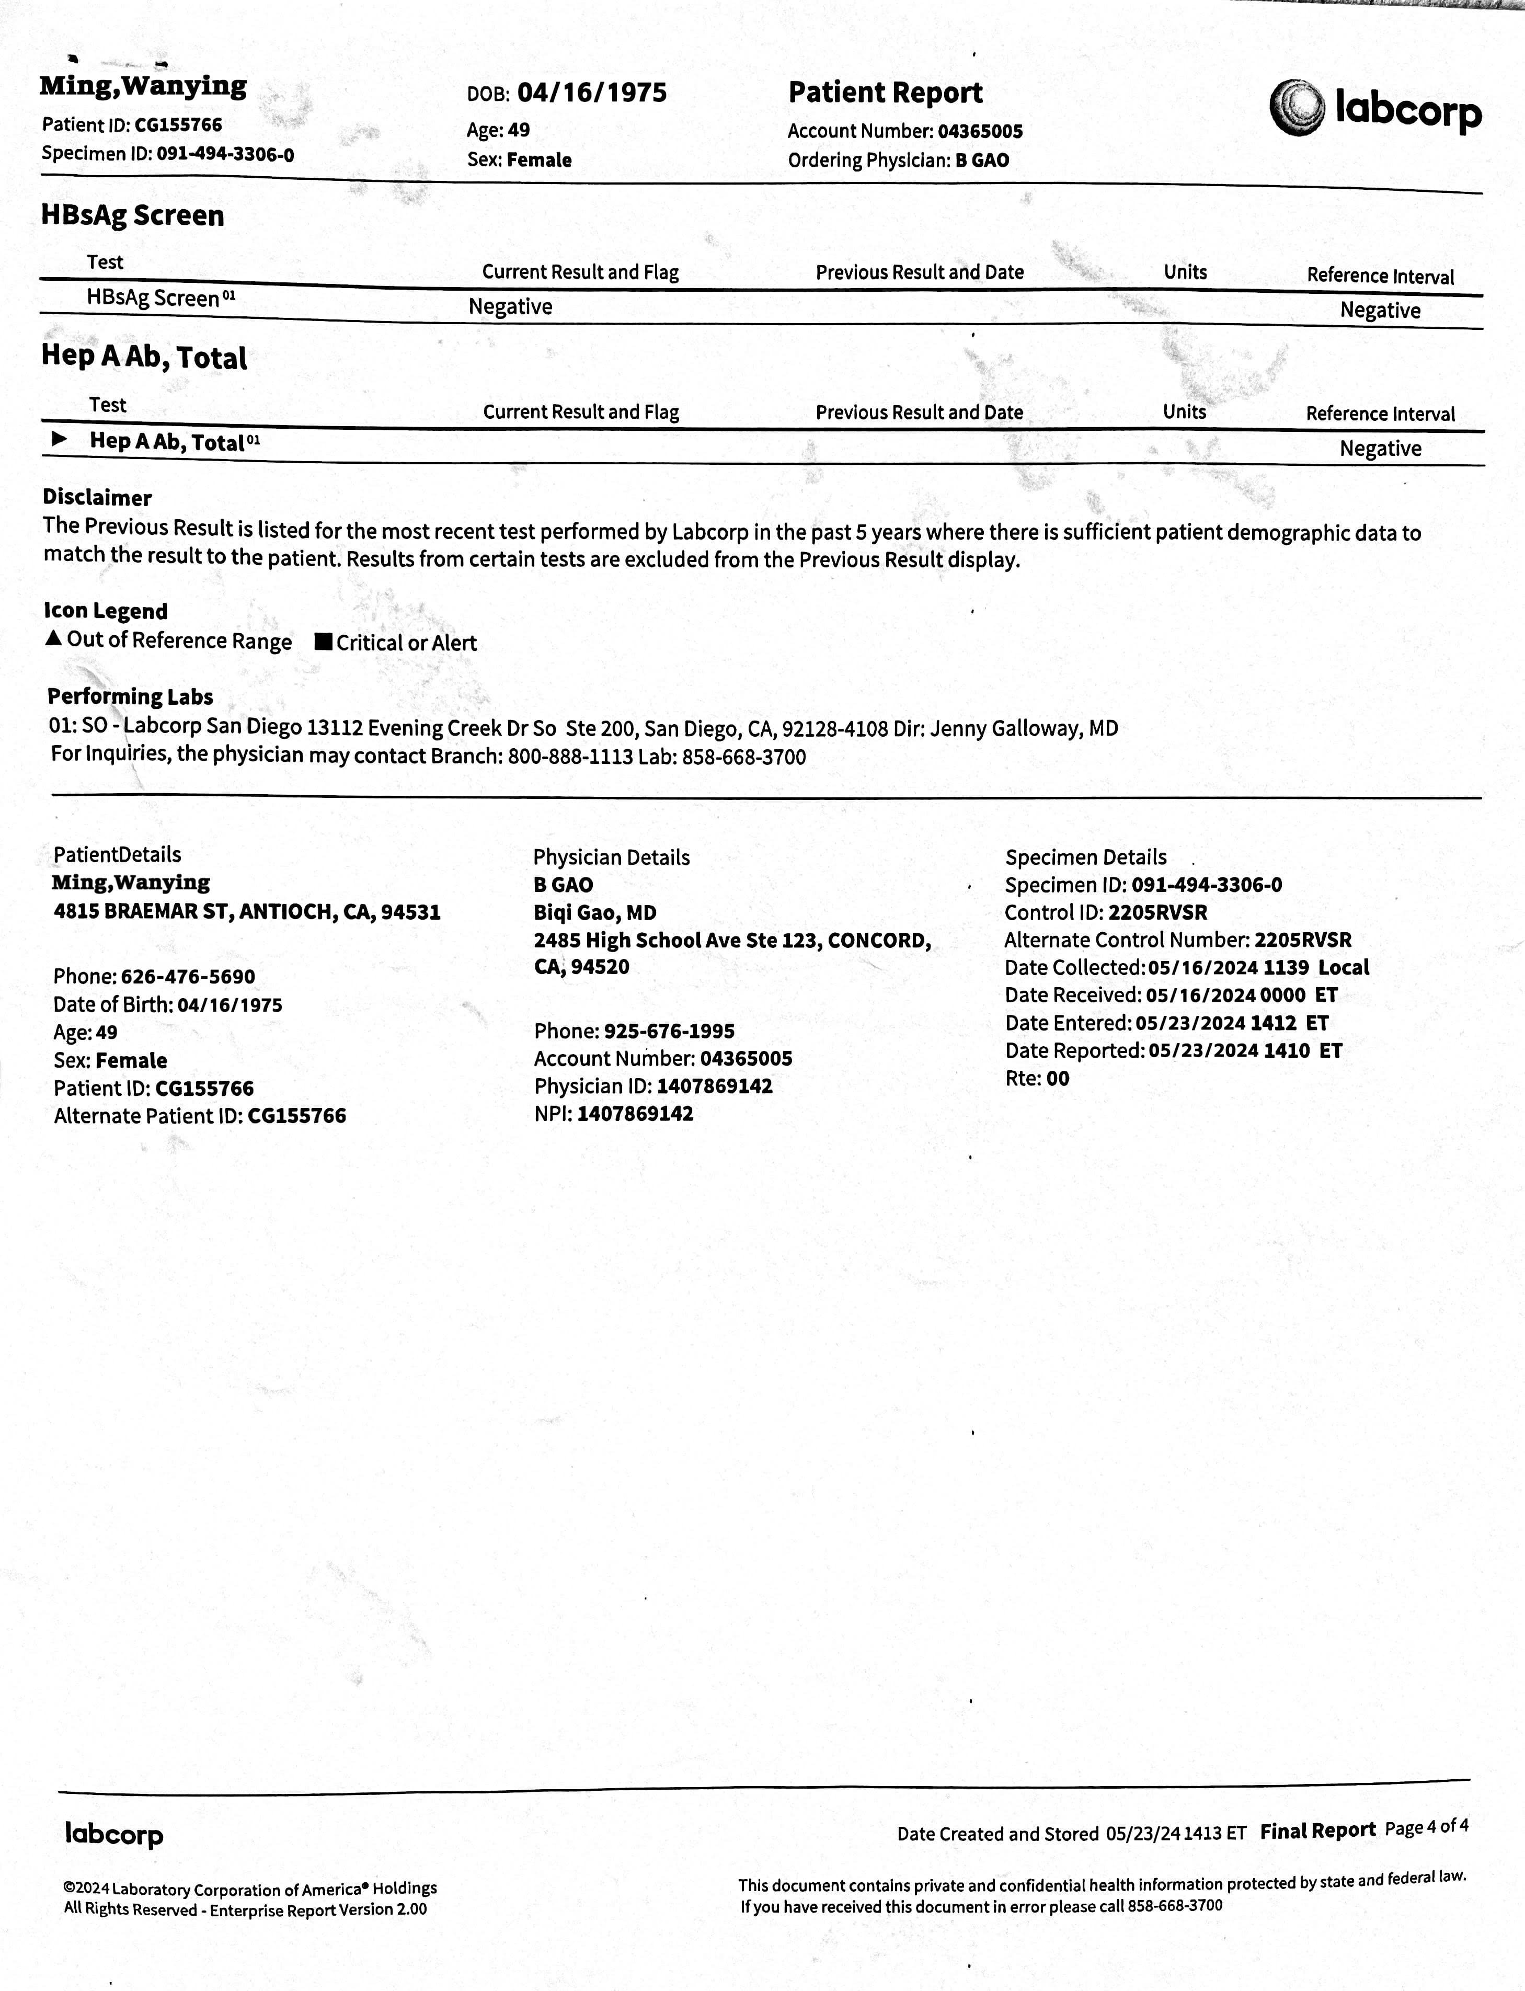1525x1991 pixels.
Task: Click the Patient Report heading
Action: click(x=885, y=93)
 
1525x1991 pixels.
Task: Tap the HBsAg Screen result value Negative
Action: click(x=510, y=307)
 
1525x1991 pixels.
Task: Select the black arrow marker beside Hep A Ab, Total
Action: click(x=60, y=439)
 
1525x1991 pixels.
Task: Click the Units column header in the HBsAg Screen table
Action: click(x=1185, y=272)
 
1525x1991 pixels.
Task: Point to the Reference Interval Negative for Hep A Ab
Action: click(x=1380, y=449)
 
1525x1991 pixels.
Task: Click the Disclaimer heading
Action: click(x=97, y=498)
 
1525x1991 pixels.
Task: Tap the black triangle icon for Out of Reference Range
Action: click(x=53, y=638)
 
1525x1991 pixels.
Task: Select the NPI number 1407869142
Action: click(x=635, y=1114)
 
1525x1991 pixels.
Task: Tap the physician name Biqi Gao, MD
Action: click(x=594, y=912)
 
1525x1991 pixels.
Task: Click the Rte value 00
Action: click(x=1058, y=1079)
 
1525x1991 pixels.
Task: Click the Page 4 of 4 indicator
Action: click(x=1427, y=1827)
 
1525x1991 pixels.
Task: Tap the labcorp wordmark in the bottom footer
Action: click(x=114, y=1834)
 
